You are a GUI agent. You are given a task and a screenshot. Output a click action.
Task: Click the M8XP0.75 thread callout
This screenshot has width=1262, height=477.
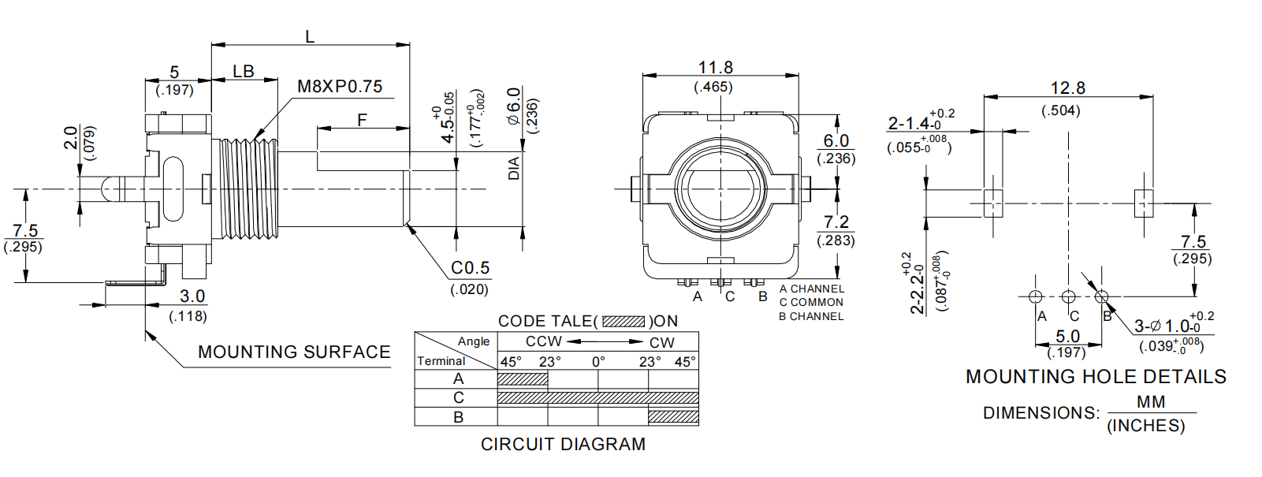point(340,87)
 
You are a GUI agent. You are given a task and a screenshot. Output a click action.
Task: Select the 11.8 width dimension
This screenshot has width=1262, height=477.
point(715,68)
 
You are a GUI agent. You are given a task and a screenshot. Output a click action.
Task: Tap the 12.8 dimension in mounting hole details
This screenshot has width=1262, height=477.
point(1067,88)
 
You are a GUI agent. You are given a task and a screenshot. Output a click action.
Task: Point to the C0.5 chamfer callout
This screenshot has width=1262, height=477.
point(470,268)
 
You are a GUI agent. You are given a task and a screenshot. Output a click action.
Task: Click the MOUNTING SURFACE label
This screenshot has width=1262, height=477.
point(294,352)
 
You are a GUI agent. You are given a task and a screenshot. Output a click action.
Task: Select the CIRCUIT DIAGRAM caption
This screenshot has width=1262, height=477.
point(563,445)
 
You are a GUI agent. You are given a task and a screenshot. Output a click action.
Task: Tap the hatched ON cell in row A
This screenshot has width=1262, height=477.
point(523,379)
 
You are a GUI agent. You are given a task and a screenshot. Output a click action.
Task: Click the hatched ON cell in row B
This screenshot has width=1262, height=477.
point(673,417)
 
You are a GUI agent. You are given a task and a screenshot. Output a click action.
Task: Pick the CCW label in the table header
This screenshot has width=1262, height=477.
point(543,342)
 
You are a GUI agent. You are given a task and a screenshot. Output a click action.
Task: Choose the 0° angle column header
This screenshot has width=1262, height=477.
point(598,362)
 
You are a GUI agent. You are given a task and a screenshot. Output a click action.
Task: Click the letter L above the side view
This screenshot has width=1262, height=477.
point(310,36)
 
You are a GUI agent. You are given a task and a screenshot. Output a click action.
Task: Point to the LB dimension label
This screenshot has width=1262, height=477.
point(244,72)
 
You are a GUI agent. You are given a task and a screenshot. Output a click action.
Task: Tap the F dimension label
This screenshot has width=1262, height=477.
point(362,120)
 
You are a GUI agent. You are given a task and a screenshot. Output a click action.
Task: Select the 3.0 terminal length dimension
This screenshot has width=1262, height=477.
point(192,296)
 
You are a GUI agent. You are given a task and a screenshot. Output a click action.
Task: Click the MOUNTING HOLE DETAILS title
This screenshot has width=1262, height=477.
point(1096,377)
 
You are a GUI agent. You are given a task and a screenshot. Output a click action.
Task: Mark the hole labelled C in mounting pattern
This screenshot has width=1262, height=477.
point(1068,297)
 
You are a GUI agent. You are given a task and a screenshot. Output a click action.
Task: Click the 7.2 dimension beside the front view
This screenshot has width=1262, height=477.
point(836,223)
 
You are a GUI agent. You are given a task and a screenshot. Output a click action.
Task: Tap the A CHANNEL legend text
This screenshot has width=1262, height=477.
point(812,289)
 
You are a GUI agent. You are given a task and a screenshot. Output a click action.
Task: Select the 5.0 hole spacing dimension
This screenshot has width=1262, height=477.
point(1067,337)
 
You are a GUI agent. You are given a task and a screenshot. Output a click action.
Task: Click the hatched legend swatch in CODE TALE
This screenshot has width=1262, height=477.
point(624,322)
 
